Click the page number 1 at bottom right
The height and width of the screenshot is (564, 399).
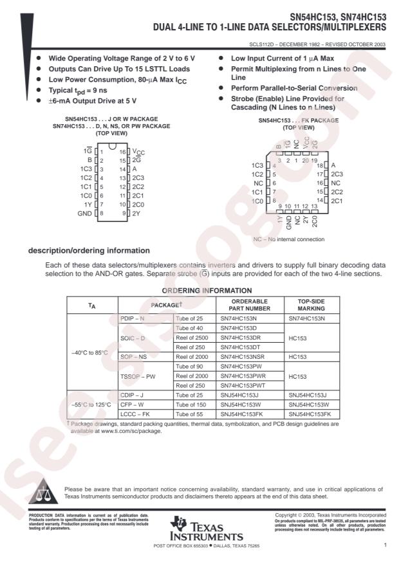pyautogui.click(x=384, y=546)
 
